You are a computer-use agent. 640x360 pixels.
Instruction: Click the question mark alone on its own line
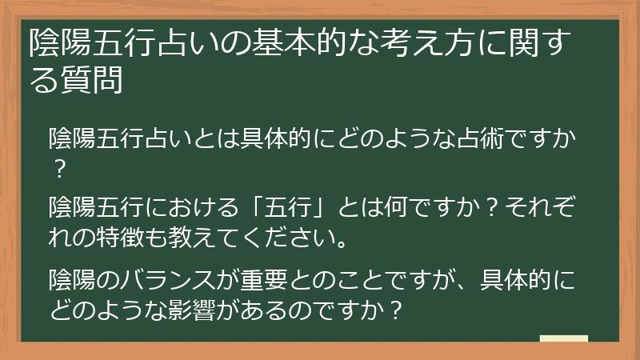[57, 170]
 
